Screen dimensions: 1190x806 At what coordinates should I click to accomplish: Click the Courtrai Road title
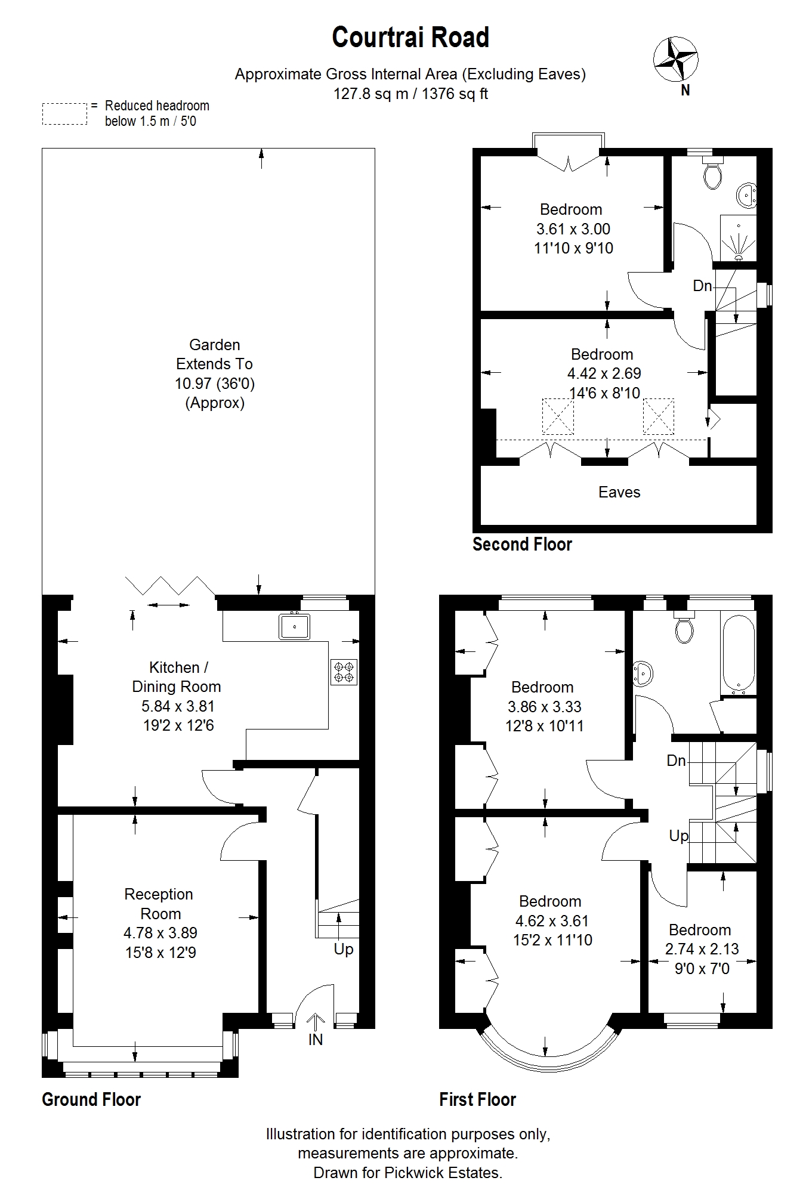(x=410, y=38)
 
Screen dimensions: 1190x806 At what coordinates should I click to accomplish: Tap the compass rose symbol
(x=676, y=59)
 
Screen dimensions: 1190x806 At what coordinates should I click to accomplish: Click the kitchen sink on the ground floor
(x=294, y=626)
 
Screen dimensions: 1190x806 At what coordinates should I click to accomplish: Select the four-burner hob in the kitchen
(x=344, y=672)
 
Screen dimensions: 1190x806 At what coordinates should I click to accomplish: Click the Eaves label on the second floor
(x=619, y=492)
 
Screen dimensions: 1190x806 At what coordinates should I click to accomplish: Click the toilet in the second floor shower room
(x=712, y=174)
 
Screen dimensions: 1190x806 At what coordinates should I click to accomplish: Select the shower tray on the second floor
(x=739, y=238)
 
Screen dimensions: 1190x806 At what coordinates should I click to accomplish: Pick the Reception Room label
(x=159, y=904)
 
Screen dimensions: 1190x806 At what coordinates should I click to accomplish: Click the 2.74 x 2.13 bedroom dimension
(x=702, y=949)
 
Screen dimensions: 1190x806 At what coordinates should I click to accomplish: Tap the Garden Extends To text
(x=214, y=354)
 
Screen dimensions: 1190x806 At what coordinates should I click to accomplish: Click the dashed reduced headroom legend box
(x=64, y=114)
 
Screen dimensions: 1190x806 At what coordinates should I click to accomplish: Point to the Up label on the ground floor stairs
(x=344, y=949)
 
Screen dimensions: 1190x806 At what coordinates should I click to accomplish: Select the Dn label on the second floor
(x=702, y=286)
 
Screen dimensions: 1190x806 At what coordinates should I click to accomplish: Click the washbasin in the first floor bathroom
(x=643, y=673)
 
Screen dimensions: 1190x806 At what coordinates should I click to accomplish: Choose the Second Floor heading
(x=522, y=544)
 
